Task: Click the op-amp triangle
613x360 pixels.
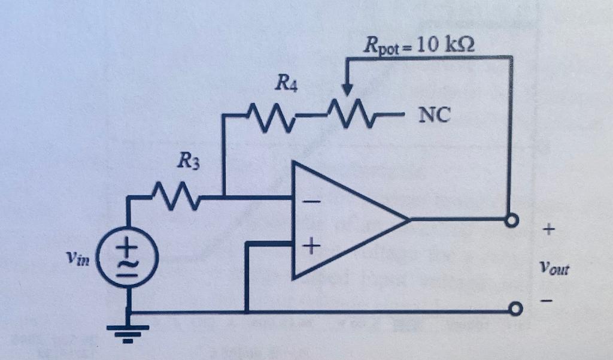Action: point(341,220)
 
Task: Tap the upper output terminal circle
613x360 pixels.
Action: point(511,220)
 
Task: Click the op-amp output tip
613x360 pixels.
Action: point(409,220)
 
